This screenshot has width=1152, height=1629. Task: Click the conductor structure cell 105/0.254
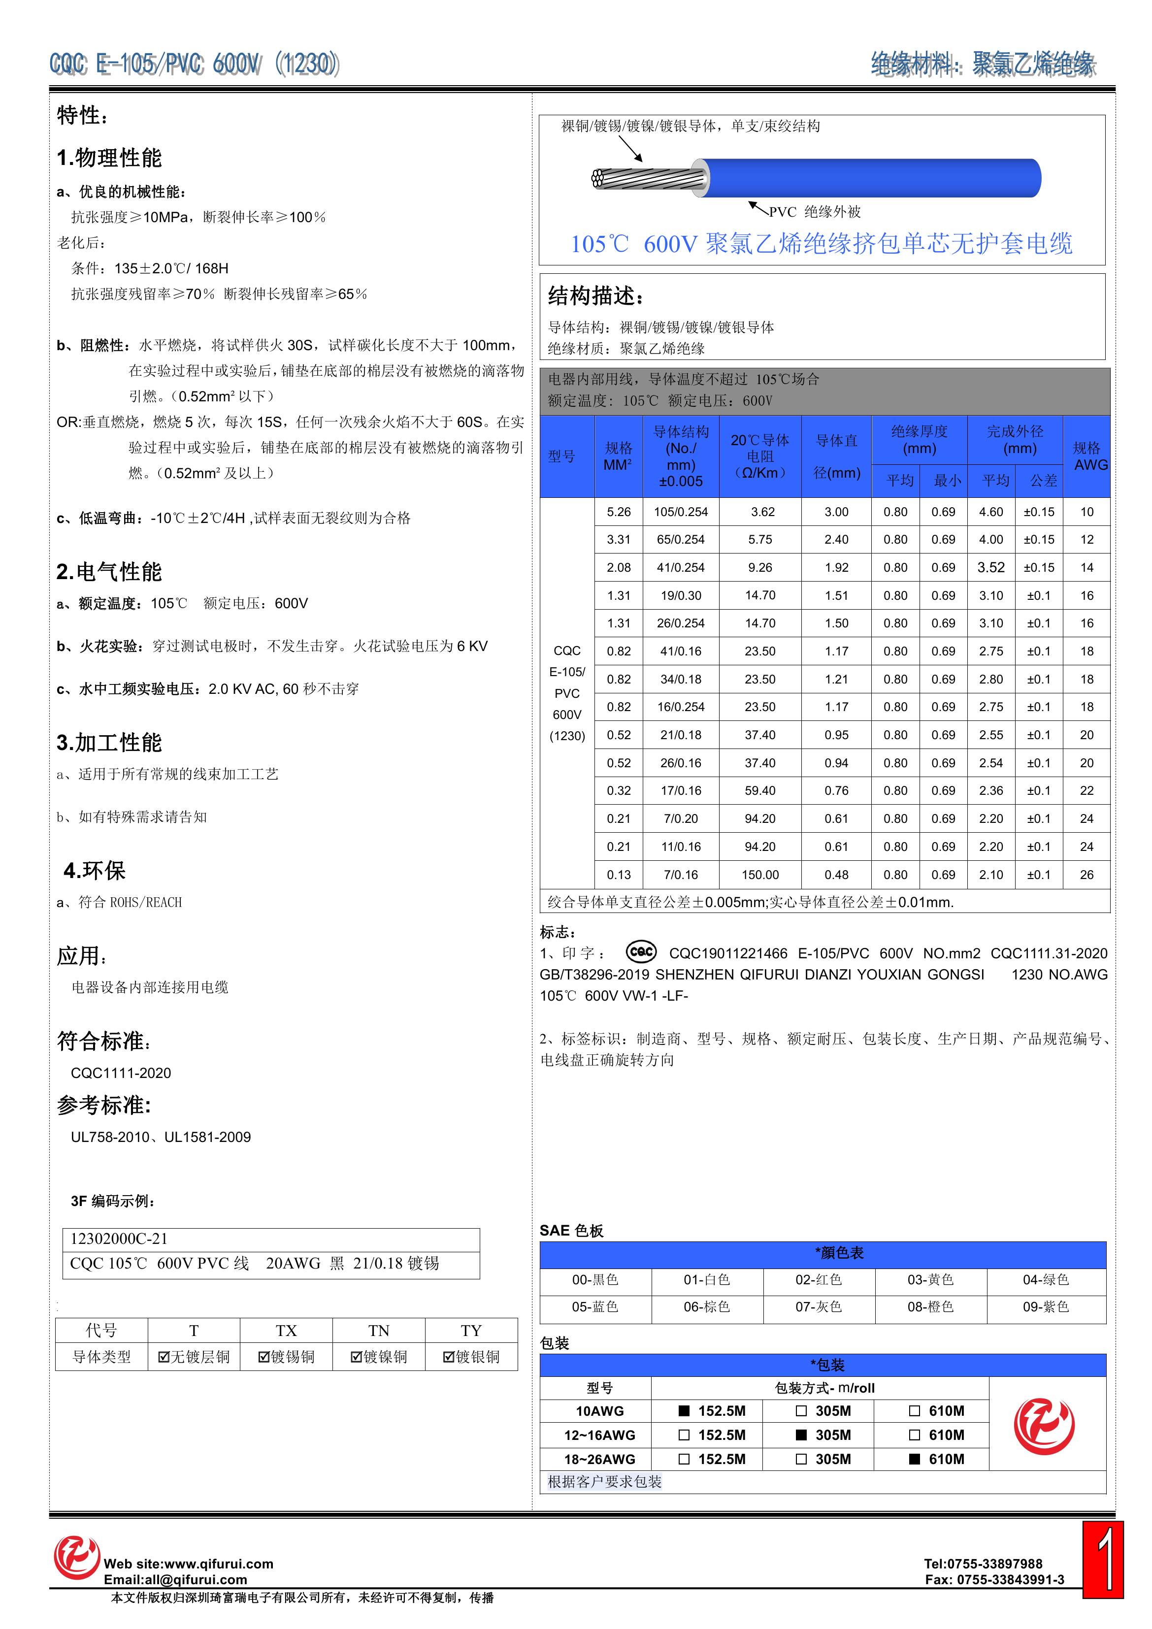pos(681,512)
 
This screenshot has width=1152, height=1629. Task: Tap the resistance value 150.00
pos(759,875)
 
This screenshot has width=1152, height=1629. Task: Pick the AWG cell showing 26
pos(1086,875)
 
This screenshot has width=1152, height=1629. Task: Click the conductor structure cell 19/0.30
pos(681,595)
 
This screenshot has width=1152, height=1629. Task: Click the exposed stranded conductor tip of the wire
pos(600,179)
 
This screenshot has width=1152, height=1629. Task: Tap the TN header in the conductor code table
pos(378,1330)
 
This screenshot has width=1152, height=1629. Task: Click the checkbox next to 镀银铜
pos(449,1357)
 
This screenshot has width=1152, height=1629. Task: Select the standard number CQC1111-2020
pos(121,1073)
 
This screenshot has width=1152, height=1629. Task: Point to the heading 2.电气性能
pos(109,572)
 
